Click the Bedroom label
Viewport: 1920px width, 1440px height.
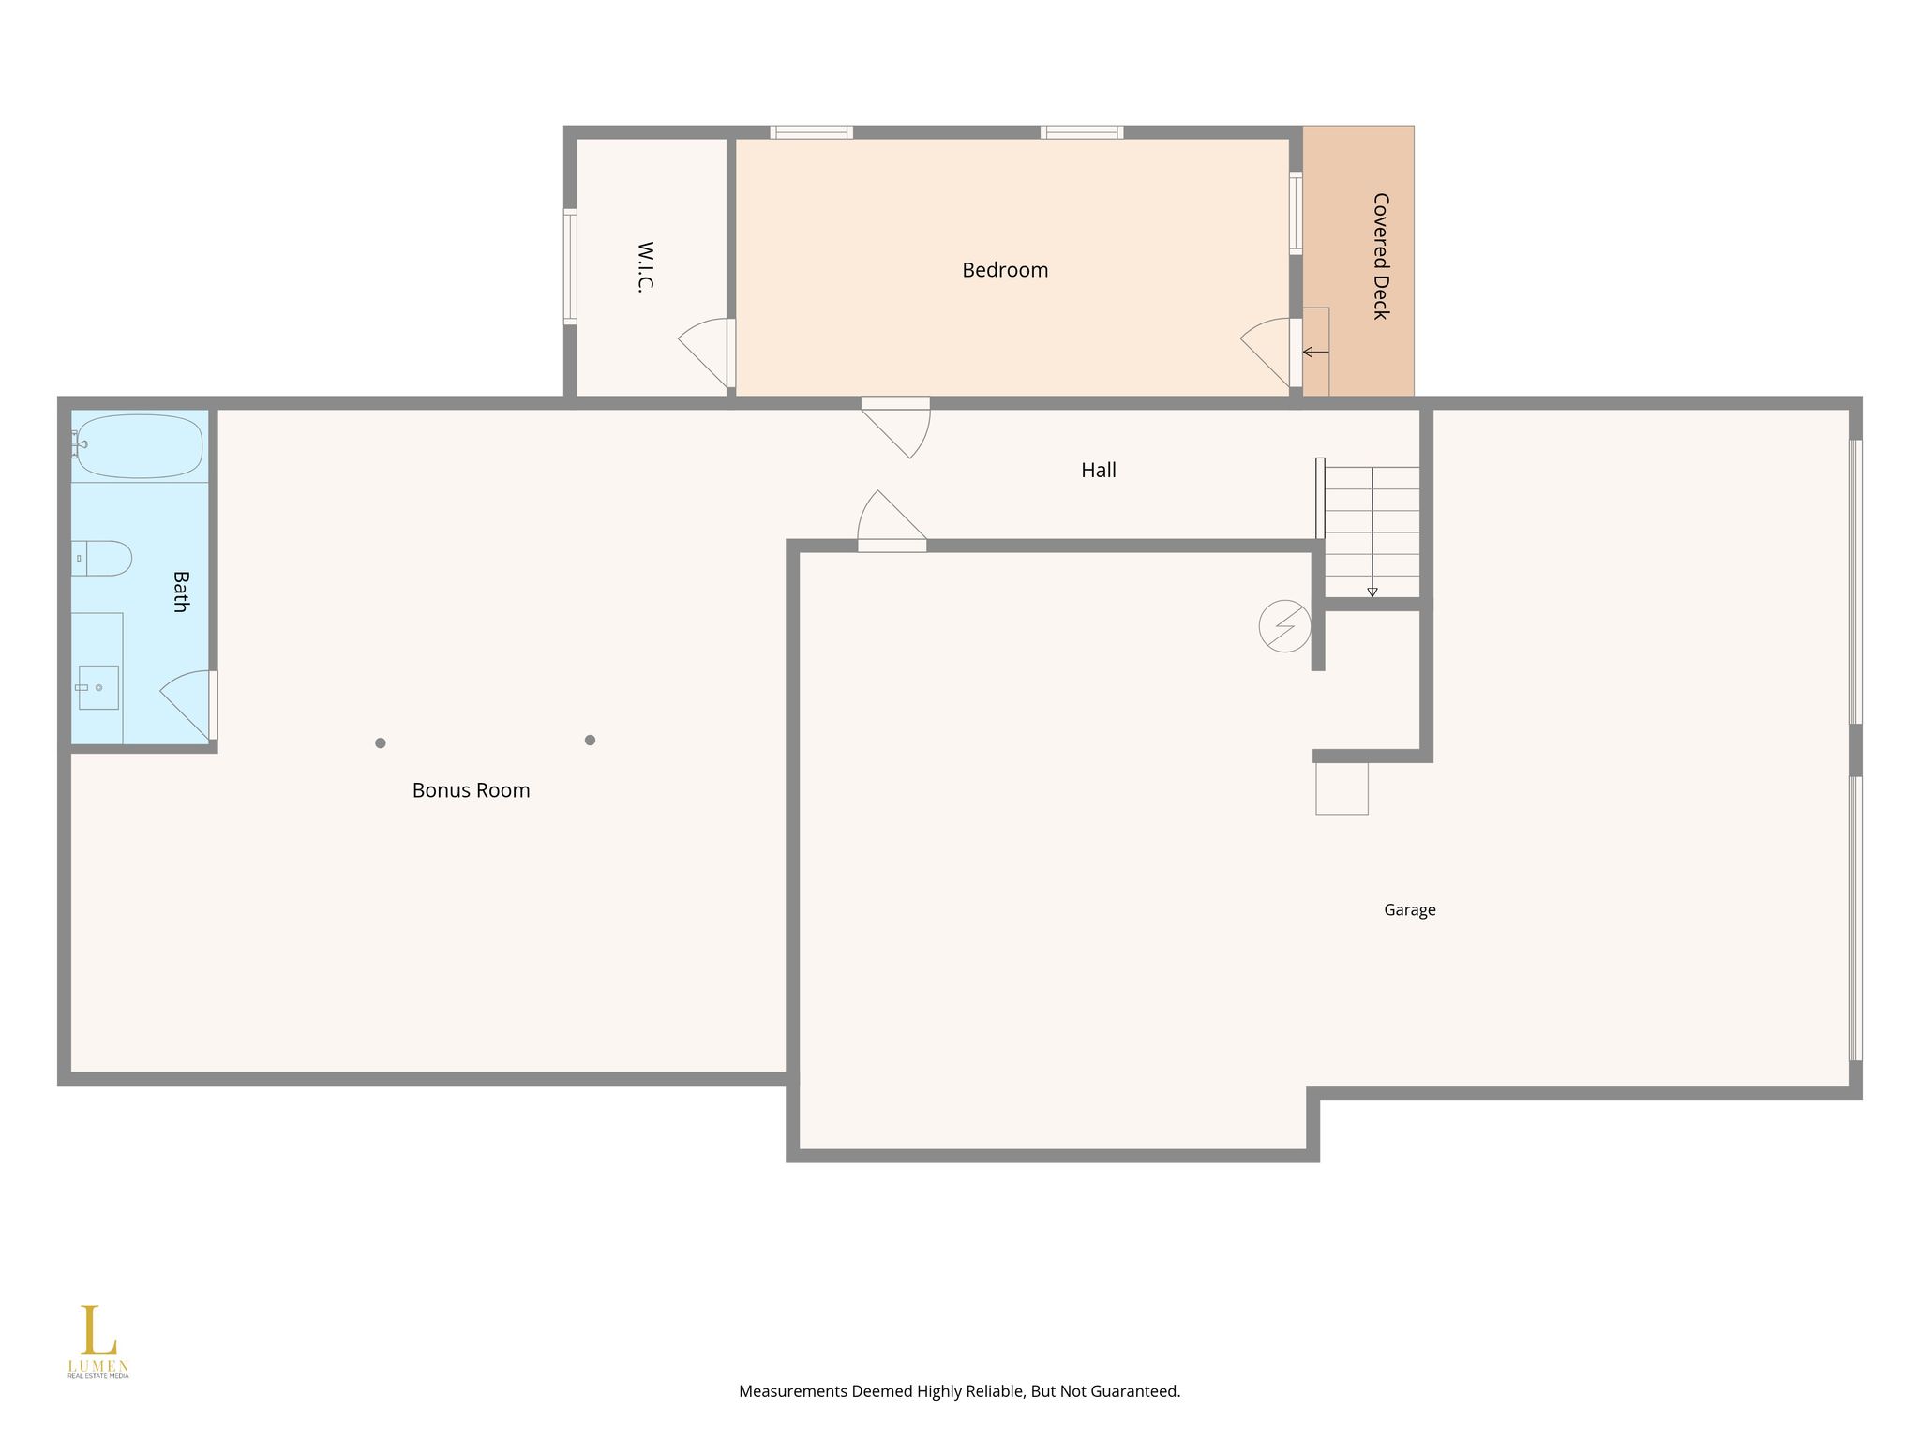(x=1005, y=270)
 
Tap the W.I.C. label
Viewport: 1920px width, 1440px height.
(x=646, y=267)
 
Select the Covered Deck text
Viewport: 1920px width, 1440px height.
(x=1380, y=256)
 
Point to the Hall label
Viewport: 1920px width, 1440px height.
(x=1099, y=470)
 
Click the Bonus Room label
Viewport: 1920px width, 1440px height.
(x=472, y=790)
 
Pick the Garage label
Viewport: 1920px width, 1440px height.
(x=1410, y=909)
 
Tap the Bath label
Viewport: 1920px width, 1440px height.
(x=181, y=592)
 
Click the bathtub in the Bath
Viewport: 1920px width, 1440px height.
(x=138, y=446)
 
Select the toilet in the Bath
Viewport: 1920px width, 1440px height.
(x=101, y=558)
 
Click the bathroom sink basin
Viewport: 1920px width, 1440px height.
(x=98, y=687)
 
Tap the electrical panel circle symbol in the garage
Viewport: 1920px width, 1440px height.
(x=1285, y=626)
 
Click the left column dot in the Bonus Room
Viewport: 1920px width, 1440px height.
(x=381, y=743)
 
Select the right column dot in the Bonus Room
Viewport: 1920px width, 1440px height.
(x=590, y=740)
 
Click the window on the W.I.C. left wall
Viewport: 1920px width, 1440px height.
(x=570, y=266)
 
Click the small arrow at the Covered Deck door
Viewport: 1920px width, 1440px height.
(x=1315, y=352)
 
